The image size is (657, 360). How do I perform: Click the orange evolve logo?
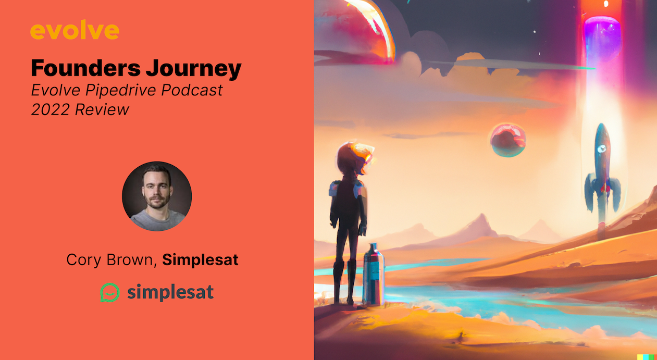[x=75, y=31]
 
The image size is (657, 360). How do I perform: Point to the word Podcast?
[x=192, y=90]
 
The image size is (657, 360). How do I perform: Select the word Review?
[x=102, y=110]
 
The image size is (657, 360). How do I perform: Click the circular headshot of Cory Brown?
[x=157, y=196]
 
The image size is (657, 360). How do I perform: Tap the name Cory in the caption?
[x=84, y=260]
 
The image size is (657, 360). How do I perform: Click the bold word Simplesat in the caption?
[x=200, y=260]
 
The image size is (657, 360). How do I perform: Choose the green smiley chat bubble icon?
[x=110, y=292]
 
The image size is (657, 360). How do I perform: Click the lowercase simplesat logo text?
[x=170, y=292]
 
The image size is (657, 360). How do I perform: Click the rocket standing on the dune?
[x=602, y=172]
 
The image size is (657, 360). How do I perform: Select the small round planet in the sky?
[x=507, y=139]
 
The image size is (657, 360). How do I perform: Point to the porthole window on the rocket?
[x=602, y=149]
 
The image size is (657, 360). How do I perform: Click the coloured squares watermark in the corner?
[x=646, y=357]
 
